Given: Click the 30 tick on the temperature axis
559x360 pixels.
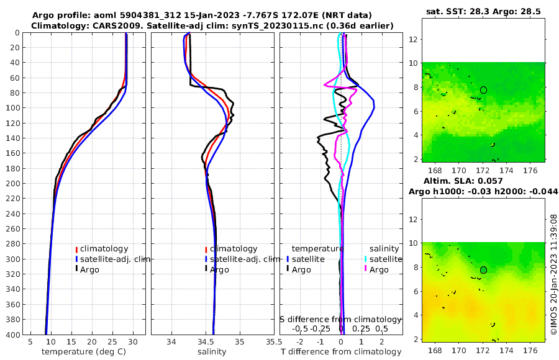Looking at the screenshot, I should click(133, 342).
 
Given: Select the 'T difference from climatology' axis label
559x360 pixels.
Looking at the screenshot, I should click(342, 352).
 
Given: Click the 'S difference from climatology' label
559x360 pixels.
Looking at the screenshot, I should click(341, 319).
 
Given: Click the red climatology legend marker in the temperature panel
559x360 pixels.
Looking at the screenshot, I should click(76, 249).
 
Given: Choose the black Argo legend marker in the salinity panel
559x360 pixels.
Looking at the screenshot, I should click(206, 269).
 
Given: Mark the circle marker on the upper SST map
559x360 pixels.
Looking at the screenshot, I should click(483, 90).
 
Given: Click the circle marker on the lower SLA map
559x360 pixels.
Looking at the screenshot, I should click(483, 270).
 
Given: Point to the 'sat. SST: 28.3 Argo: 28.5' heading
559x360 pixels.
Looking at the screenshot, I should click(483, 12).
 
